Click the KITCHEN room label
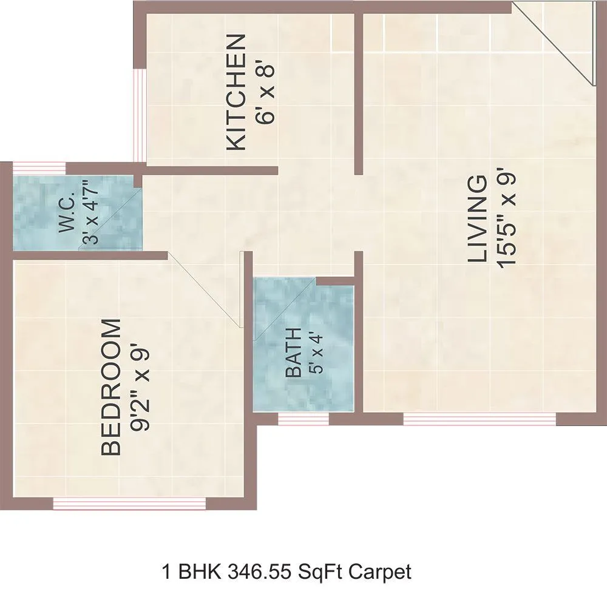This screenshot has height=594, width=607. coord(236,92)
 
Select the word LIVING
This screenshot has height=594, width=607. coord(478,219)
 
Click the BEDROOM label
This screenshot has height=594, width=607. coord(112,388)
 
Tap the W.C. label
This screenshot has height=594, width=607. coord(67,213)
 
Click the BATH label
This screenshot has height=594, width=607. coord(293,353)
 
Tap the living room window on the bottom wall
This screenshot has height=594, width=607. coord(479,418)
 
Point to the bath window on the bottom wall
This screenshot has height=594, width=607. coord(303,418)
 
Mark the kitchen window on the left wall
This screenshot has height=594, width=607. coord(139,115)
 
